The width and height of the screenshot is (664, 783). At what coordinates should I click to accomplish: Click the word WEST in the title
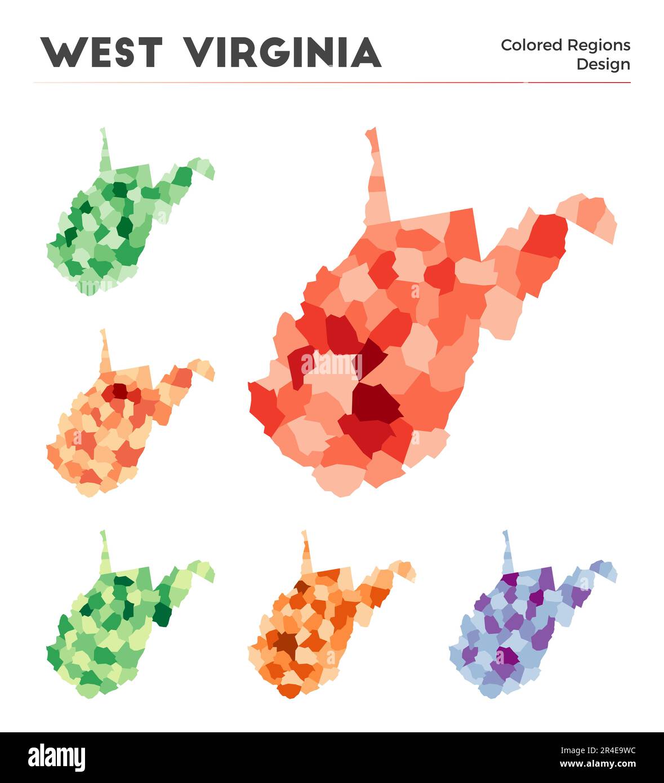point(101,52)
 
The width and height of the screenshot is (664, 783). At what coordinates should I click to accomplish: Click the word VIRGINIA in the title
point(283,52)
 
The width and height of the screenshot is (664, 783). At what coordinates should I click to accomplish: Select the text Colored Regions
point(565,45)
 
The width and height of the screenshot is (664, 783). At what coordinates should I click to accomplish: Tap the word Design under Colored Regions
point(603,64)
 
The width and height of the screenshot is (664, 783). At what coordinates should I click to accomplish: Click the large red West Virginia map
point(394,338)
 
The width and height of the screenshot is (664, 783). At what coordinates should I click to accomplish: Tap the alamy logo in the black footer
point(57,757)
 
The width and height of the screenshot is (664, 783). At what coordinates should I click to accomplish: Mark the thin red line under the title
point(332,82)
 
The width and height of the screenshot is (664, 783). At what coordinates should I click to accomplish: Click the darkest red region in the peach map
point(120,390)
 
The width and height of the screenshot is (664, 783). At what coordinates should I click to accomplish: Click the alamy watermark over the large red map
point(332,365)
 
